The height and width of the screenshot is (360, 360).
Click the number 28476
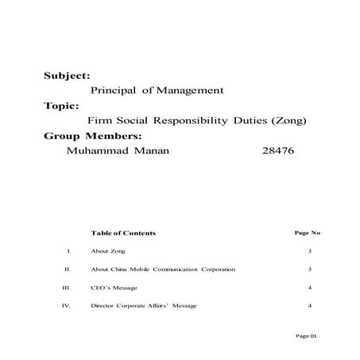pyautogui.click(x=277, y=150)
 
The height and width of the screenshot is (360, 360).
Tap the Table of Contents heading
pyautogui.click(x=123, y=233)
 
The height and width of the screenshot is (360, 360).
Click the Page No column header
pyautogui.click(x=307, y=233)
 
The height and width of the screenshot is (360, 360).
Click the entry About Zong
pyautogui.click(x=108, y=251)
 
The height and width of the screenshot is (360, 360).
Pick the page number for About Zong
pyautogui.click(x=309, y=251)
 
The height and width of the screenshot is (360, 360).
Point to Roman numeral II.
pyautogui.click(x=69, y=269)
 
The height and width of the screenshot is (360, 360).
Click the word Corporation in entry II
pyautogui.click(x=218, y=269)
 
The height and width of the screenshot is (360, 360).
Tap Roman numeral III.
pyautogui.click(x=68, y=288)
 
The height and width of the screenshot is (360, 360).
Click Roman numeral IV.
pyautogui.click(x=68, y=306)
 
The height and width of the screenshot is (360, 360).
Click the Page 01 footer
pyautogui.click(x=306, y=336)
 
